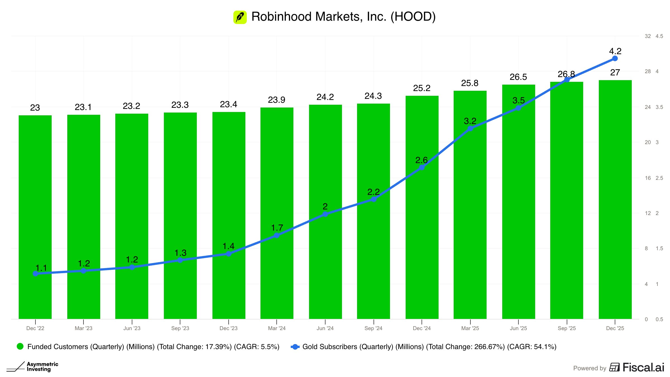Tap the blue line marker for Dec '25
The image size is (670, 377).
point(615,59)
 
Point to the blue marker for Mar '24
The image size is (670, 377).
point(277,235)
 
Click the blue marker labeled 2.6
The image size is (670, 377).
point(422,167)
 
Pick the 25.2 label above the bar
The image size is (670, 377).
point(422,88)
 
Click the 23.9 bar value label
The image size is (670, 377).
point(276,100)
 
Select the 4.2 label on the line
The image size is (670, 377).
point(615,51)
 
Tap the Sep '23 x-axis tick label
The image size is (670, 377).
point(180,328)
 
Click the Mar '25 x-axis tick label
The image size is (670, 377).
point(470,328)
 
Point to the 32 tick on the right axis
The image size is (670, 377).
point(648,36)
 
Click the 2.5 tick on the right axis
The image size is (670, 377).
point(659,178)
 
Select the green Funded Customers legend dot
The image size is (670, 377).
point(20,347)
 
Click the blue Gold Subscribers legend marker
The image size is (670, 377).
point(295,347)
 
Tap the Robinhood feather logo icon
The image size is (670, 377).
point(240,17)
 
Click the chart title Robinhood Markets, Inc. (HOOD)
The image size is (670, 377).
point(343,17)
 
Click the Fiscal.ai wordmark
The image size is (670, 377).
point(643,368)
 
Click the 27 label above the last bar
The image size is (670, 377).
point(615,73)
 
